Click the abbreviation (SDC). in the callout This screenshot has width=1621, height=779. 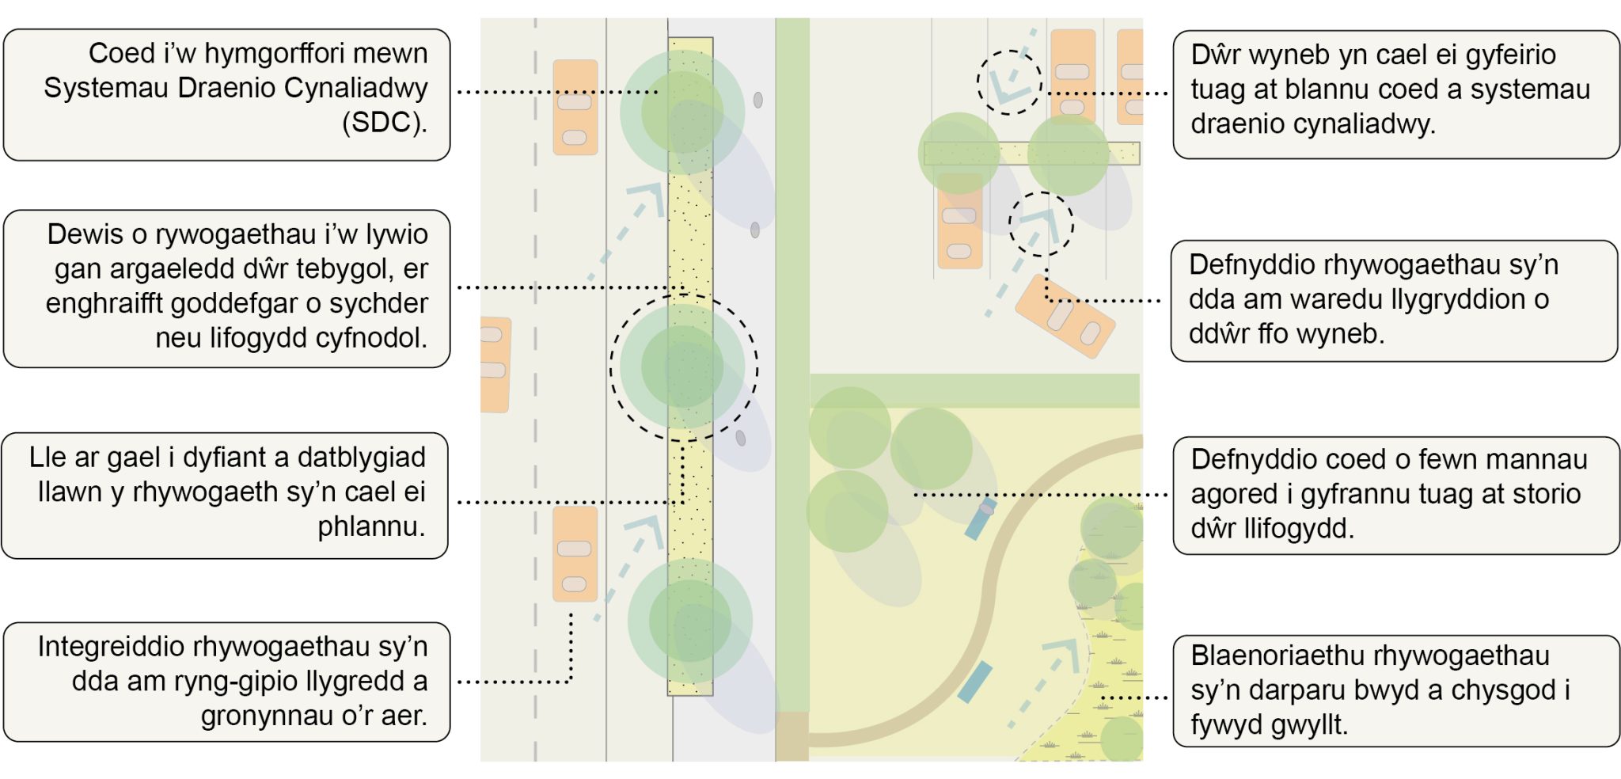pos(384,123)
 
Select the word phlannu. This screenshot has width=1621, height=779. pos(371,526)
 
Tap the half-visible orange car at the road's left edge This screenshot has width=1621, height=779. pos(494,364)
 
